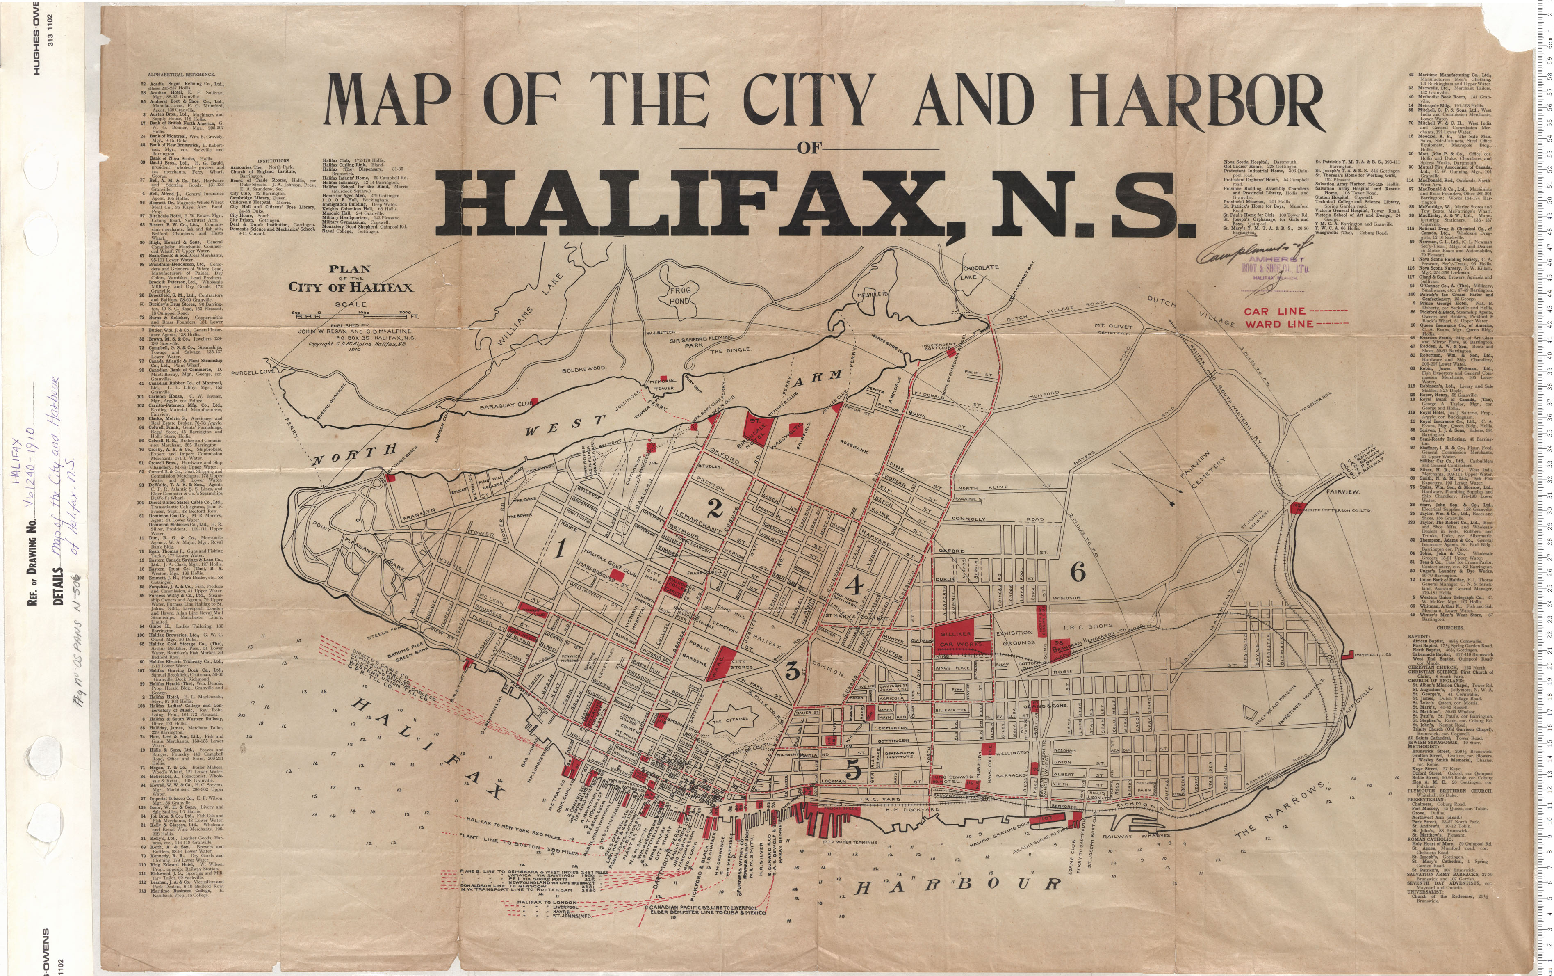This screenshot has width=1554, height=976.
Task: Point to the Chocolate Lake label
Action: tap(980, 272)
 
